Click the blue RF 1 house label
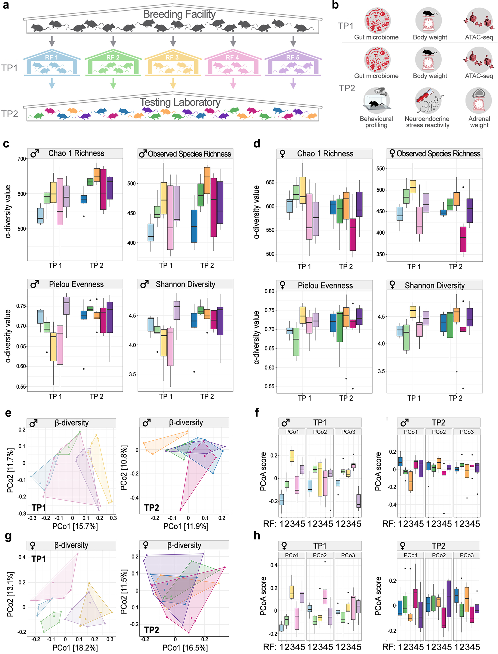pyautogui.click(x=51, y=57)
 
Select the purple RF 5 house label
pyautogui.click(x=293, y=57)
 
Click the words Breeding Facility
pyautogui.click(x=179, y=14)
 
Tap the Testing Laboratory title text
pyautogui.click(x=180, y=102)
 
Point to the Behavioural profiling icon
pyautogui.click(x=376, y=101)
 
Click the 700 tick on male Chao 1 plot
pyautogui.click(x=22, y=159)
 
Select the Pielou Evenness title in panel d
pyautogui.click(x=325, y=286)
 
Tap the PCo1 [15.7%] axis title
pyautogui.click(x=75, y=526)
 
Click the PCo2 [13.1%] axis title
pyautogui.click(x=10, y=594)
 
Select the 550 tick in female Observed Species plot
pyautogui.click(x=380, y=169)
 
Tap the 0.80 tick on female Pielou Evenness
pyautogui.click(x=269, y=291)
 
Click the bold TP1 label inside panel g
pyautogui.click(x=38, y=559)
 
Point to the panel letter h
pyautogui.click(x=257, y=535)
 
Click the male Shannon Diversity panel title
pyautogui.click(x=185, y=284)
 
